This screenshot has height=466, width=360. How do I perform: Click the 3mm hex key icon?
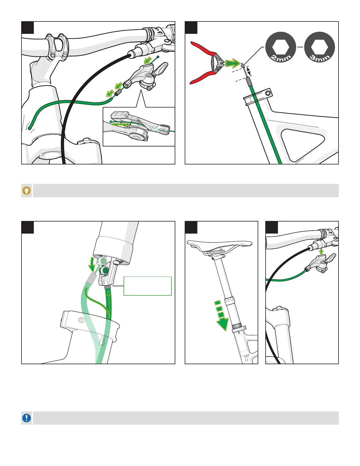(x=319, y=47)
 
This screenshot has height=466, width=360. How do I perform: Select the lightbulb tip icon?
(x=27, y=191)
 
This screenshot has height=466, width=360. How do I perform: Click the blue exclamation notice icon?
(x=27, y=418)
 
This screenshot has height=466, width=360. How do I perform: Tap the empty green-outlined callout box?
(x=147, y=286)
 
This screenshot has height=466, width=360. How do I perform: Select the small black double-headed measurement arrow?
(x=249, y=71)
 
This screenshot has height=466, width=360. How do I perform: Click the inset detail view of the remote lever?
(x=139, y=127)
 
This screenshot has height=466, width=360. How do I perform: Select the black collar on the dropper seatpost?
(x=236, y=326)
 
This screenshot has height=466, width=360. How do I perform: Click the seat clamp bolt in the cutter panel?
(x=268, y=94)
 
